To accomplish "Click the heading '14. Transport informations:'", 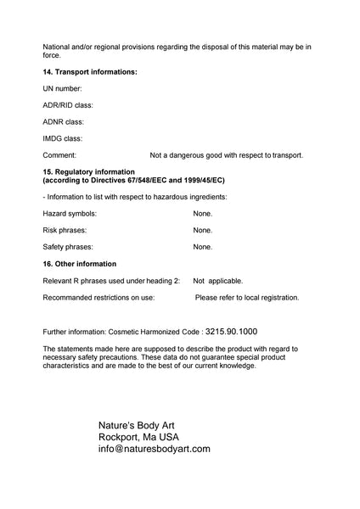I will pos(90,72).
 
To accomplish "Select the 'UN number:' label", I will pos(62,88).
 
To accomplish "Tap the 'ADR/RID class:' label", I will pos(68,105).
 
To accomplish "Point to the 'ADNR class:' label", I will pos(63,121).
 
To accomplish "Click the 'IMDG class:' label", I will pos(63,138).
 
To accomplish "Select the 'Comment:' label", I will pos(59,155).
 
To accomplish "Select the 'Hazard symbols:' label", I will pos(70,214).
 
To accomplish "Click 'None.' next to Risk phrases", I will pos(202,230).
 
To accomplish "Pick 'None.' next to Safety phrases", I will pos(202,247).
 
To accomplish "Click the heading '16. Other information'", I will pos(80,264).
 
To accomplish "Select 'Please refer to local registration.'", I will pos(247,298).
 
